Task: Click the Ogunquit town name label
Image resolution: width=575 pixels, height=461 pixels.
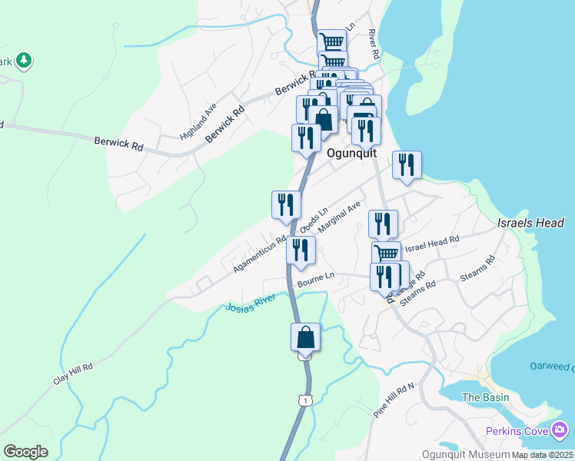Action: (352, 153)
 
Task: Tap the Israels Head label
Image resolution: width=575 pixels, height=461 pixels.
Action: (530, 223)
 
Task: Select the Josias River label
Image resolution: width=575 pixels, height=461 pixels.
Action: (250, 308)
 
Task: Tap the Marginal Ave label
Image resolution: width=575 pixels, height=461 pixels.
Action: (339, 218)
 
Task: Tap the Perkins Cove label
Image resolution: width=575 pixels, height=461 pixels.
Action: (517, 430)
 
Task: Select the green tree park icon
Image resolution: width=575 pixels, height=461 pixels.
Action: (24, 60)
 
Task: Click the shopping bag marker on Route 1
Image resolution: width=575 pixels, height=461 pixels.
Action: (305, 337)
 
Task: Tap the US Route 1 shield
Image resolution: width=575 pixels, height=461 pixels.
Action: (307, 400)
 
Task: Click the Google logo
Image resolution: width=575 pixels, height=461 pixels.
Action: (25, 451)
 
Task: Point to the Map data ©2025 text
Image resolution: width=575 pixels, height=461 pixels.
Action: (542, 455)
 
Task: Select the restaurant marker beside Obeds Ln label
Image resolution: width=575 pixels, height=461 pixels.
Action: (285, 205)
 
